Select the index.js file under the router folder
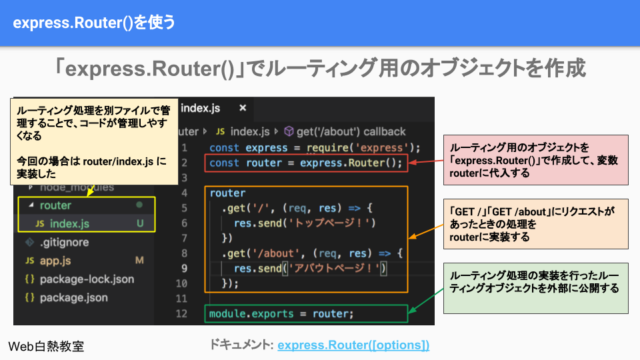(x=70, y=223)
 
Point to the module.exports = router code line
(x=280, y=314)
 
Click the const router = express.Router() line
(x=305, y=163)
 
